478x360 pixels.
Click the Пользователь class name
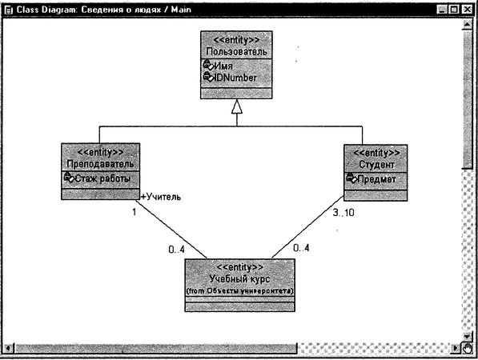click(x=235, y=51)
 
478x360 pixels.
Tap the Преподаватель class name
click(x=100, y=164)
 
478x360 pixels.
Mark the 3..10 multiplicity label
click(x=342, y=213)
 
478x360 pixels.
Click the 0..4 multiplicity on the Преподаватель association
click(x=176, y=250)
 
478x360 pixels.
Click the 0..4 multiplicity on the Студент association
click(x=301, y=249)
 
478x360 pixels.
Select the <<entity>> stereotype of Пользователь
click(x=235, y=39)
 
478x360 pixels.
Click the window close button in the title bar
click(x=468, y=8)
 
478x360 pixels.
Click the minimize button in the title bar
click(x=441, y=8)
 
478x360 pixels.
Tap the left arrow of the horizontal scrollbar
click(x=8, y=348)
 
